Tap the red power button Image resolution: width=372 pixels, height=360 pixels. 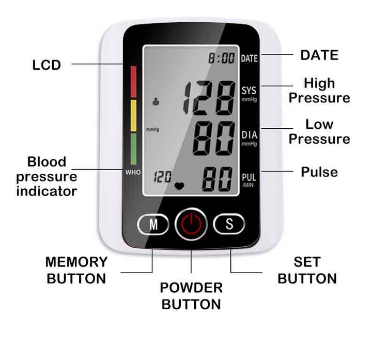tap(191, 224)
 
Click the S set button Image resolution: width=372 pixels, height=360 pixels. tap(228, 224)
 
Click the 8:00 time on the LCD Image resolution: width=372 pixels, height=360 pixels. tap(221, 58)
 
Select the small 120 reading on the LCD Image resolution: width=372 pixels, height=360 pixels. tap(163, 177)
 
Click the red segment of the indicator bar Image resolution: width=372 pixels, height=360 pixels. tap(133, 81)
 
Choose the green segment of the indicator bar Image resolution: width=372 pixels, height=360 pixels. tap(133, 150)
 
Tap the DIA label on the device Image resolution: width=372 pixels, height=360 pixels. tap(249, 136)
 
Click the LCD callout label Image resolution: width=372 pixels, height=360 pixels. tap(47, 65)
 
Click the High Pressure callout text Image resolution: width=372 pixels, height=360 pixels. tap(319, 91)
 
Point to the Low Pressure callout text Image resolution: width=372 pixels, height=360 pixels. tap(319, 131)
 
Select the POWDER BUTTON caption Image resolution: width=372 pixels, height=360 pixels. tap(191, 296)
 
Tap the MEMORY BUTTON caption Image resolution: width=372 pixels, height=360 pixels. tap(76, 270)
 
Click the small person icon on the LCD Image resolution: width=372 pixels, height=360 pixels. tap(156, 102)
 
